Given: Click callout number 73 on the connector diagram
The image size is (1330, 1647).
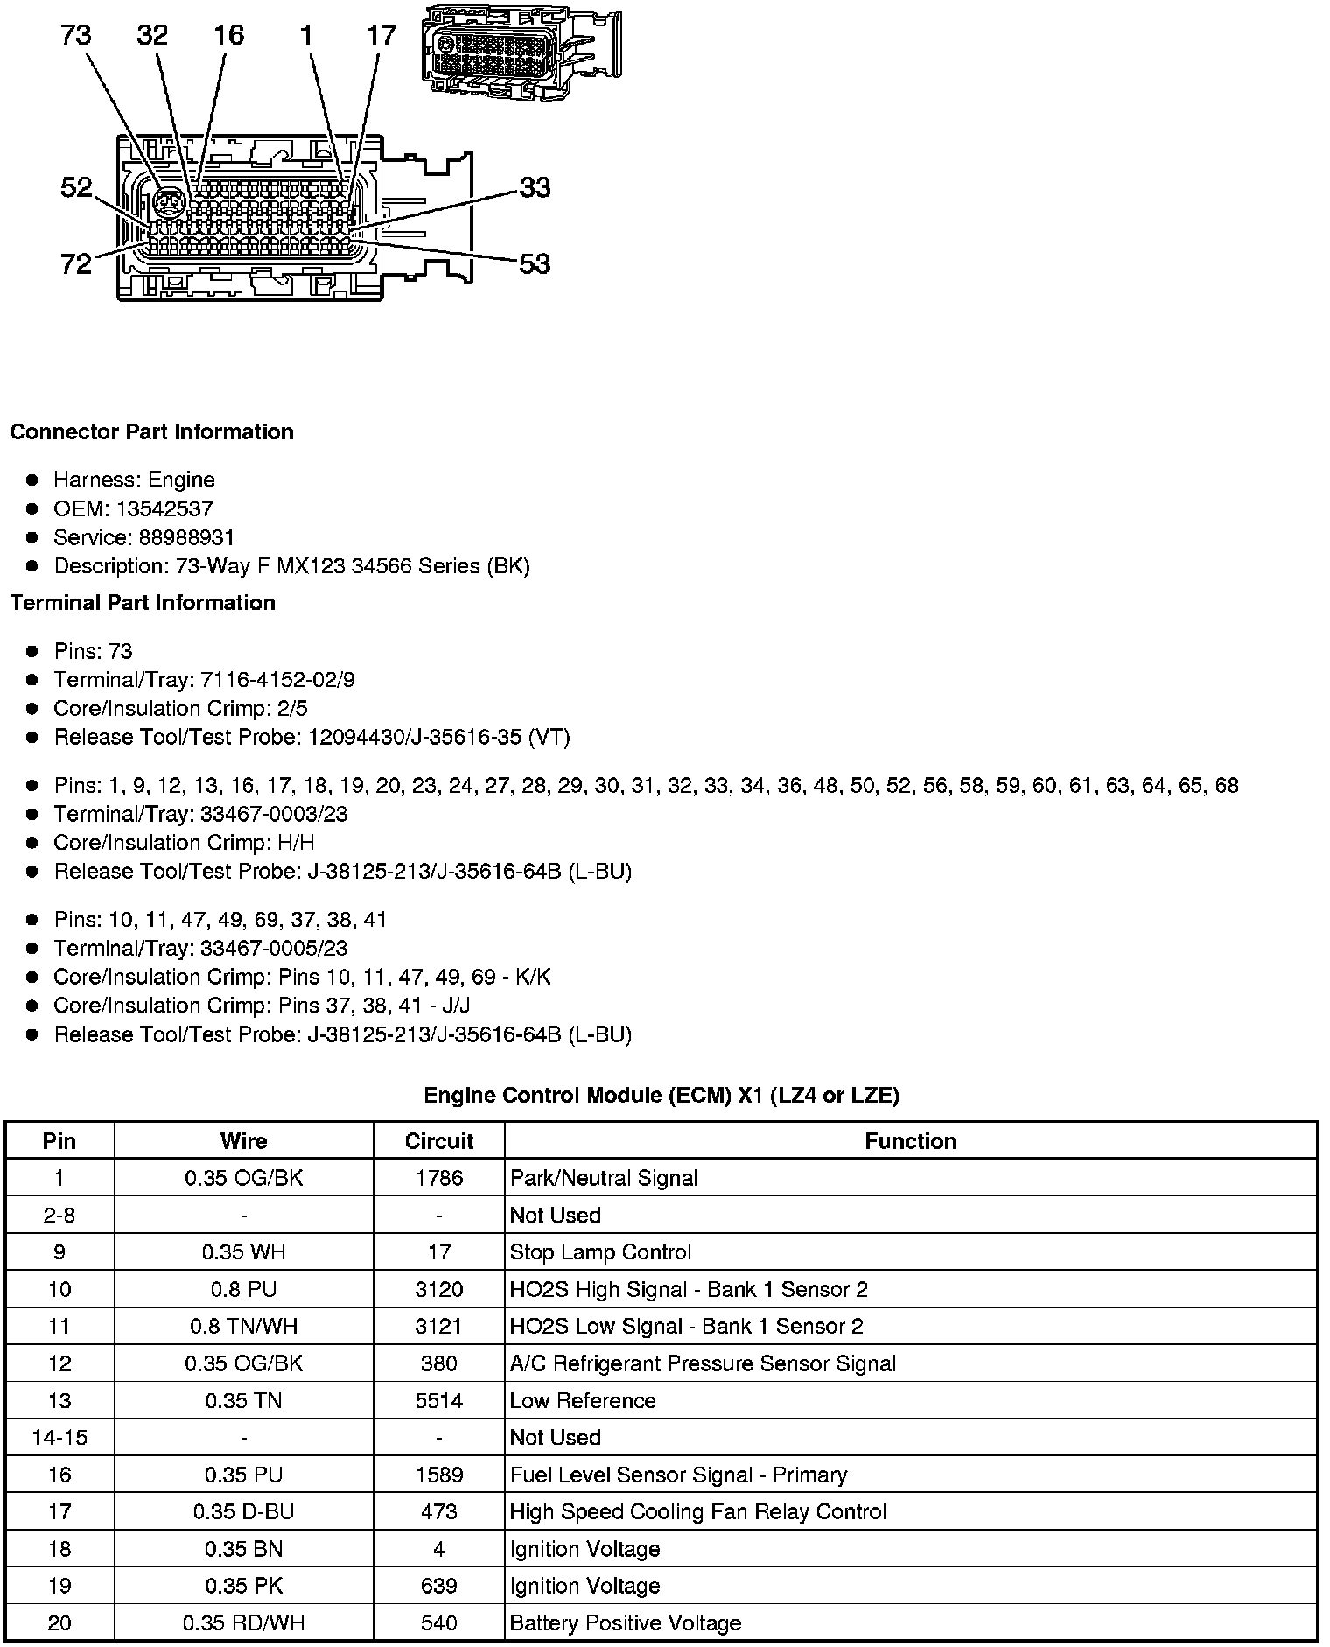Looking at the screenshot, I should pos(76,36).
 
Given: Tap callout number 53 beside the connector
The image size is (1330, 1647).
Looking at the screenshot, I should pos(535,263).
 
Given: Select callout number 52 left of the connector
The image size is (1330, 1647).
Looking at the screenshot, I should pos(76,187).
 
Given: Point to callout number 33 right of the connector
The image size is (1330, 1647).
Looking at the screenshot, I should pos(535,187).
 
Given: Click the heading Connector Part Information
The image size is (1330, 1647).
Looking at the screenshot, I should pos(151,432).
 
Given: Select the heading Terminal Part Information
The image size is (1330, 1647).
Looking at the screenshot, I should pos(143,603).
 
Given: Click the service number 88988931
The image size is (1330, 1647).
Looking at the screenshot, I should pos(186,537).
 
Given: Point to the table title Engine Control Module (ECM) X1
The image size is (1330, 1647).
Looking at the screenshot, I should pos(661,1095).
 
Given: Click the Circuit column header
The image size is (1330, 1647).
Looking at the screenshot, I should pos(438,1141).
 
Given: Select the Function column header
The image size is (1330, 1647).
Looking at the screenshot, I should pos(910,1141).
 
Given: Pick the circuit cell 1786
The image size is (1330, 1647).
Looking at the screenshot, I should pos(438,1178).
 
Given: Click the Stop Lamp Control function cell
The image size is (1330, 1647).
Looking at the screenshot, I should pos(600,1252).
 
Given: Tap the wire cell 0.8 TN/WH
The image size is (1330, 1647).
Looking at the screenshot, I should pos(243,1327).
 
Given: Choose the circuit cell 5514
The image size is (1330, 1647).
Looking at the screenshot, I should pos(438,1400).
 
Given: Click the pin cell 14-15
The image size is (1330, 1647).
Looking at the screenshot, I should pos(59,1438).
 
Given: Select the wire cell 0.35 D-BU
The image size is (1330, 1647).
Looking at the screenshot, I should pos(243,1512).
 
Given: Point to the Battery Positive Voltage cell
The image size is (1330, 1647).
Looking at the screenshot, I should pos(625,1623).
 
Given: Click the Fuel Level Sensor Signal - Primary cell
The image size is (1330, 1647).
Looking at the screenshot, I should pos(678,1475).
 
